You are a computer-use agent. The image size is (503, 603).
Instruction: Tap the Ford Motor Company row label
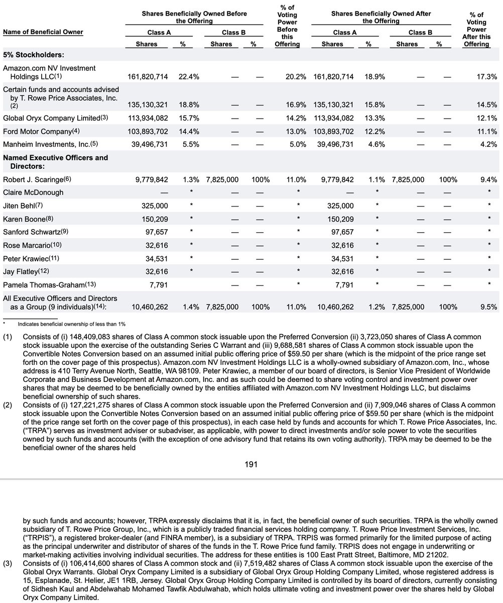pyautogui.click(x=38, y=131)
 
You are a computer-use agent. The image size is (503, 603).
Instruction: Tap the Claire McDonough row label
pyautogui.click(x=33, y=192)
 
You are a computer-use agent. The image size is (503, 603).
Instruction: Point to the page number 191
pyautogui.click(x=251, y=464)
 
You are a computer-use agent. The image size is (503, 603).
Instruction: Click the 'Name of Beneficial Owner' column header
pyautogui.click(x=43, y=32)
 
